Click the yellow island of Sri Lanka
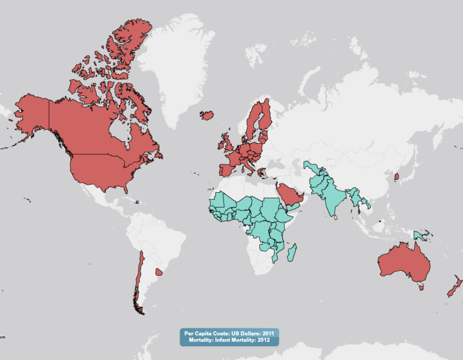pos(335,217)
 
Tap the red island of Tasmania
pos(421,286)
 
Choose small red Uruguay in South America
pos(159,271)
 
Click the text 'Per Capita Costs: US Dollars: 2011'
pos(230,333)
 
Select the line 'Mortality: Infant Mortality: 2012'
pos(230,340)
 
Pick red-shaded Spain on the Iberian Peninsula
pos(225,169)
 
